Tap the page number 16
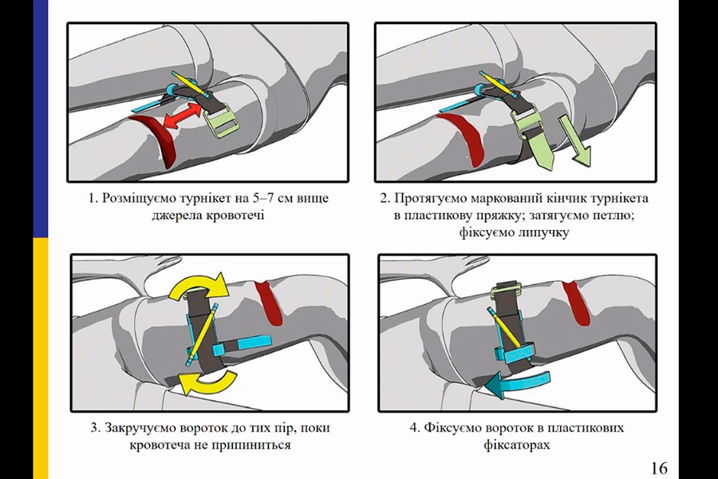[x=659, y=467]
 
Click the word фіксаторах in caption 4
[x=517, y=445]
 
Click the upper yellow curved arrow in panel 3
[x=200, y=287]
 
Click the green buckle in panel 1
[x=220, y=120]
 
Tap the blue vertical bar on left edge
[x=40, y=120]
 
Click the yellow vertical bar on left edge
[x=40, y=359]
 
